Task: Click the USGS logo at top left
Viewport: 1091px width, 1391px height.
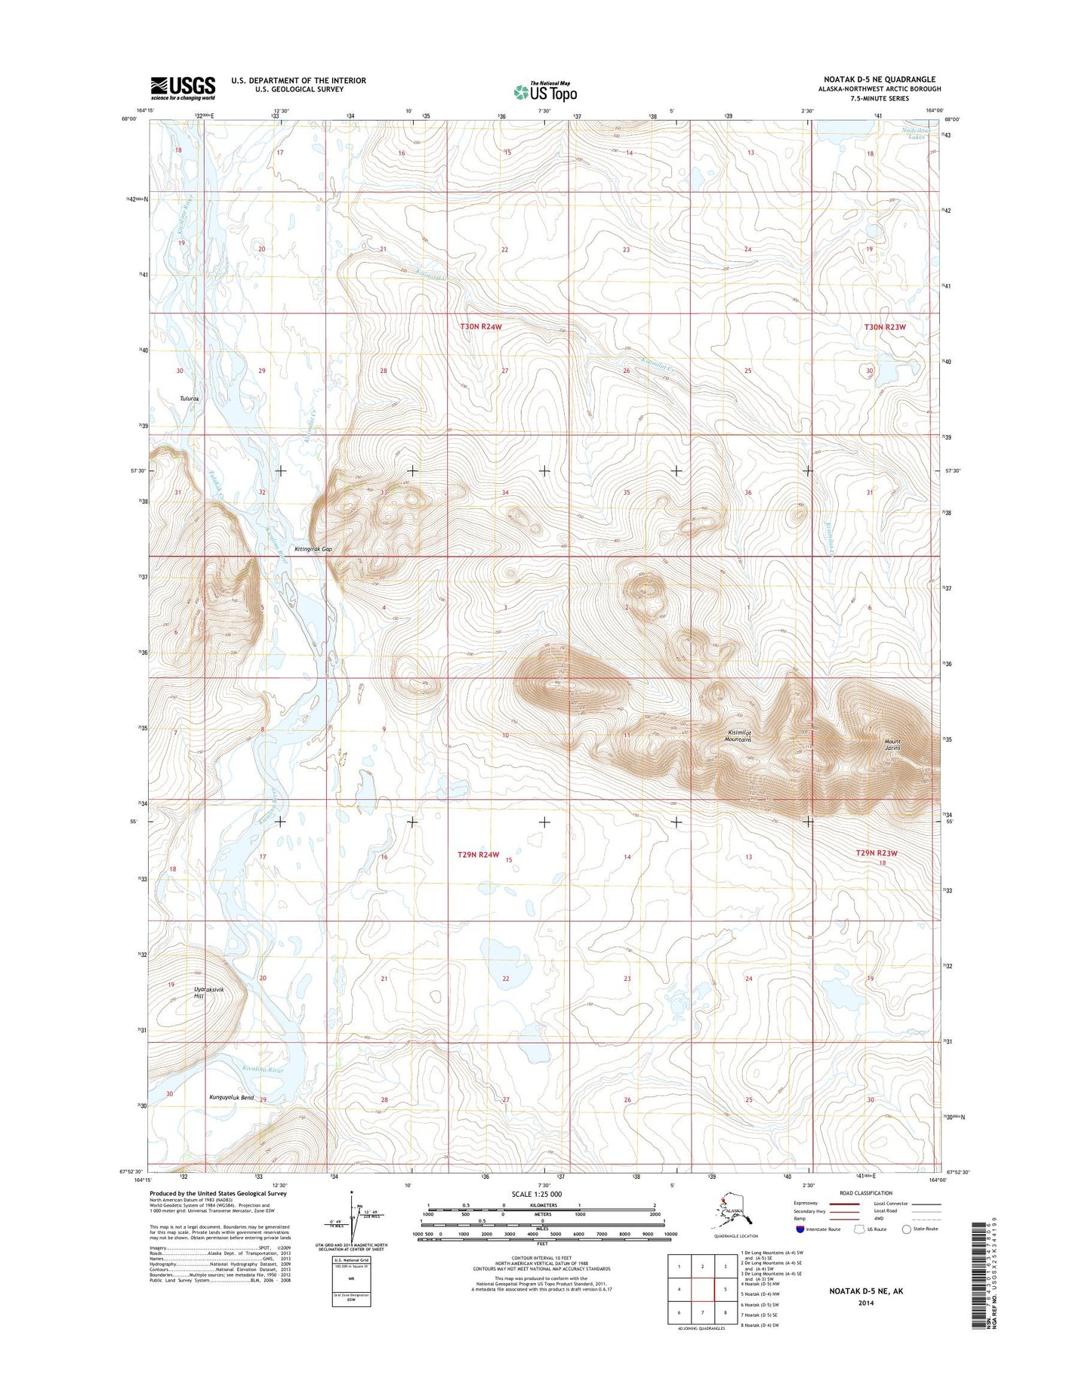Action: [183, 88]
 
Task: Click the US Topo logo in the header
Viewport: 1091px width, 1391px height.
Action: [545, 91]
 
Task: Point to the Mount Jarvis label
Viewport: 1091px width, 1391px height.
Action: [892, 745]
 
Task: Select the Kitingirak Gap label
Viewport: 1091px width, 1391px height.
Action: [313, 549]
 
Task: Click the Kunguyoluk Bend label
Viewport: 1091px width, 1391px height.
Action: [231, 1097]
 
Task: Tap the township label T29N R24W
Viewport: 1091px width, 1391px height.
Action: [479, 854]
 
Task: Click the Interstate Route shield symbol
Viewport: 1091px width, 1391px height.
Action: [800, 1229]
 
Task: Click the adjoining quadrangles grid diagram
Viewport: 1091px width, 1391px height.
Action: [702, 1289]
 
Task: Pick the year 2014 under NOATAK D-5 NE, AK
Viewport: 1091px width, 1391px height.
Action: [866, 1303]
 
